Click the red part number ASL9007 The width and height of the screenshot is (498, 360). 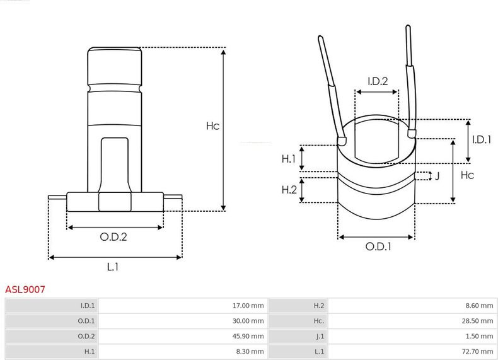25,289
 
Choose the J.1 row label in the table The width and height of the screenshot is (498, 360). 320,336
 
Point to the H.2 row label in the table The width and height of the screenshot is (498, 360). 319,306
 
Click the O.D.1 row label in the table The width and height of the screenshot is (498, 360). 86,321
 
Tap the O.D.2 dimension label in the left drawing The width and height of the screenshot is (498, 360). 113,236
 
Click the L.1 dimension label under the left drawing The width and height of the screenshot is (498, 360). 112,267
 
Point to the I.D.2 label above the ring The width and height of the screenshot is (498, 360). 378,81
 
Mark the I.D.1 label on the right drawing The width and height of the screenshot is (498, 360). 482,139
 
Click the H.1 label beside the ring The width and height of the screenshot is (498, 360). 289,158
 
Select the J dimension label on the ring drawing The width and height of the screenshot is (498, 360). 437,176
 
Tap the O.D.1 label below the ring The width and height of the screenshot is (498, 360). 378,247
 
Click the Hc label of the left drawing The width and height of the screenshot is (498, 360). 212,126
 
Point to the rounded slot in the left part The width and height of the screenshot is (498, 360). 115,165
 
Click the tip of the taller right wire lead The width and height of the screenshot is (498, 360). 408,26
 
